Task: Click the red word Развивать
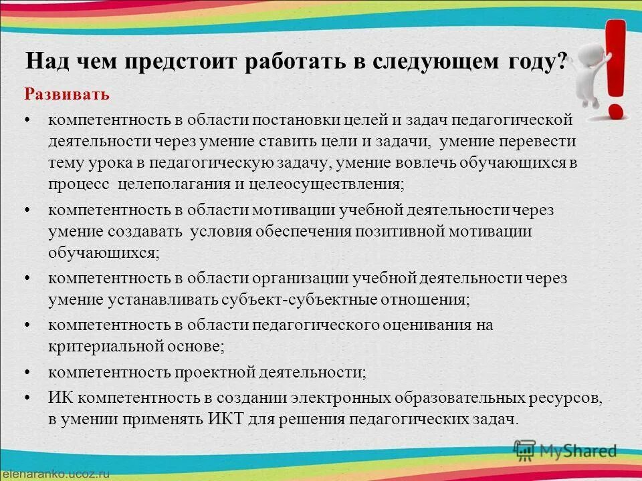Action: pos(67,94)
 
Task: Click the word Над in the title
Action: pos(45,62)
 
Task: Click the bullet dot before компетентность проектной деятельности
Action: pos(27,371)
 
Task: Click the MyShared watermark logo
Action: pos(565,450)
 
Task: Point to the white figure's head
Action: pos(589,51)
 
